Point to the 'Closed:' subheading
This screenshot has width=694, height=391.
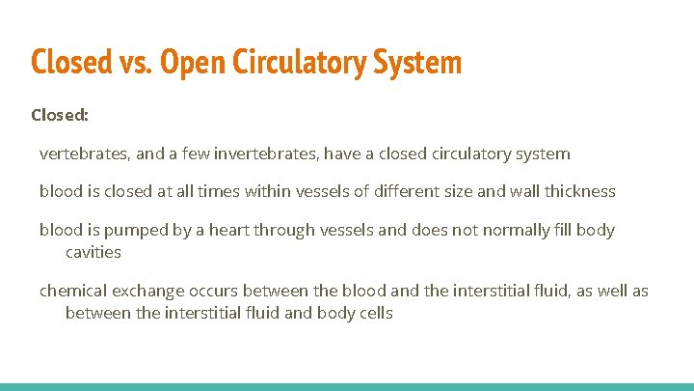pyautogui.click(x=60, y=115)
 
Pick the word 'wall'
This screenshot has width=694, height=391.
pyautogui.click(x=525, y=191)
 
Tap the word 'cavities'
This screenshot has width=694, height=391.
pyautogui.click(x=93, y=251)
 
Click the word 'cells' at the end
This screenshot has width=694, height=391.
pyautogui.click(x=375, y=313)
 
